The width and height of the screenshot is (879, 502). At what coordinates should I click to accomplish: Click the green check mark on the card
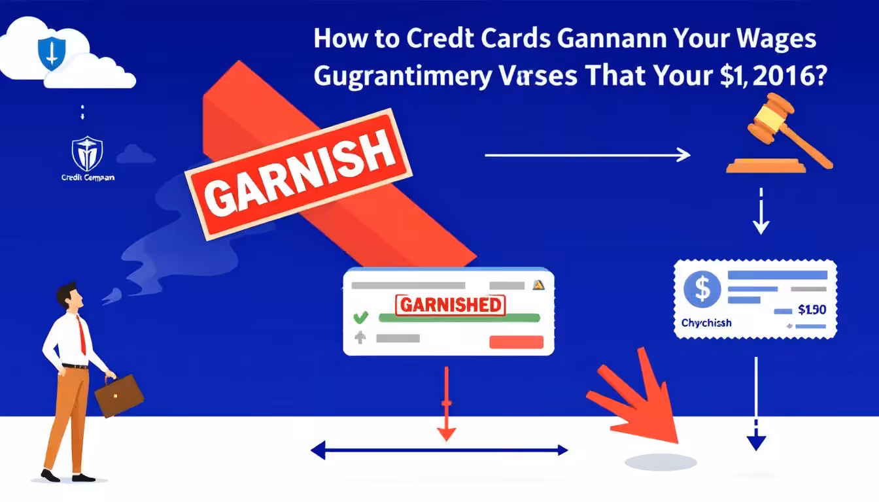tap(360, 318)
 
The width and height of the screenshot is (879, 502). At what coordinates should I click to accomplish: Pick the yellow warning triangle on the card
tap(538, 285)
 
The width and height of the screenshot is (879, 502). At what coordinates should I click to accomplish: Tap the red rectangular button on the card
tap(517, 341)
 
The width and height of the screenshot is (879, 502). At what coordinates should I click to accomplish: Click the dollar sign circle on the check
tap(701, 288)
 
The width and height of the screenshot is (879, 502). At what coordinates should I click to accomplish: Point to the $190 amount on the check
tap(813, 309)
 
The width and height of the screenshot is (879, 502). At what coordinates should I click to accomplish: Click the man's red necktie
tap(82, 334)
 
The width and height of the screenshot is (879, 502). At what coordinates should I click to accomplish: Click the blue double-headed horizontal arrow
tap(439, 450)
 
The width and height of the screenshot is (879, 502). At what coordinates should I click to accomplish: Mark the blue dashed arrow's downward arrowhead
tap(755, 443)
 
